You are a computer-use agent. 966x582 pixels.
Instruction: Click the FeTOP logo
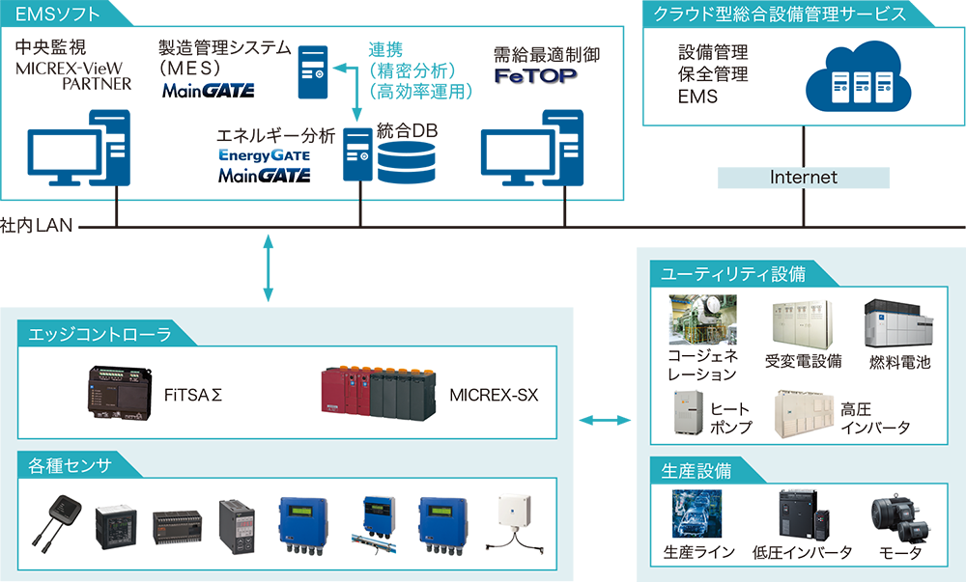click(537, 73)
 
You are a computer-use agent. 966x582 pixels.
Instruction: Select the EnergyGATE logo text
click(264, 154)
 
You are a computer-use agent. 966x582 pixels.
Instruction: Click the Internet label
click(804, 178)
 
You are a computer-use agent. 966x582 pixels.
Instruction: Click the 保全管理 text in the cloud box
click(713, 74)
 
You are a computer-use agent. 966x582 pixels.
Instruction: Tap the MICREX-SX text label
click(494, 395)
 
